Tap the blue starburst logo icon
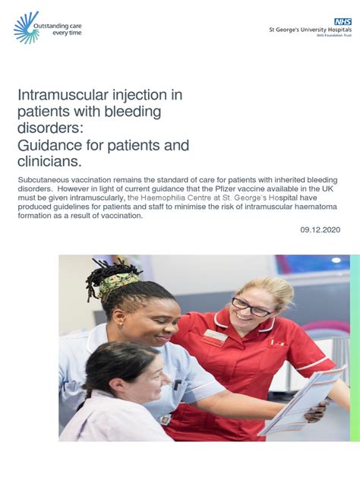tap(26, 27)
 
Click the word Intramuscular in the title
tap(58, 96)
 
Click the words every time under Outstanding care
tap(67, 34)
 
